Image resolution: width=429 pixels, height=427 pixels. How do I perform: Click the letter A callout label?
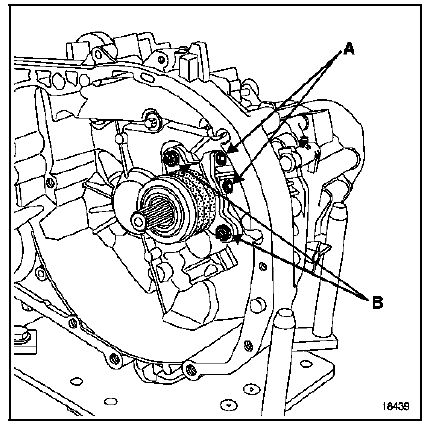(348, 50)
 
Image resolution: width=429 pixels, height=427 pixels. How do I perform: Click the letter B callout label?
(377, 303)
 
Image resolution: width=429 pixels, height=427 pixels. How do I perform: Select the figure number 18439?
(396, 406)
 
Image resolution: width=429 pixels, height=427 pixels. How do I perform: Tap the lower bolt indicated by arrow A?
(228, 185)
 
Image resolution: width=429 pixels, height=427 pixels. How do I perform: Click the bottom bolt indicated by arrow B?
(222, 234)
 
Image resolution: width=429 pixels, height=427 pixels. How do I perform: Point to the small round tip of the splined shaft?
(138, 221)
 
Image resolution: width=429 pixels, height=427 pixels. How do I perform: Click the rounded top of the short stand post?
(285, 315)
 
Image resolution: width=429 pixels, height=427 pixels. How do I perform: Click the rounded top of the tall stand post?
(338, 208)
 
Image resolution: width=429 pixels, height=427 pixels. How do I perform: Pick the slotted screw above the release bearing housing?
(152, 123)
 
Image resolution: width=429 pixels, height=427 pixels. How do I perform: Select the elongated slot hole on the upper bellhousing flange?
(146, 78)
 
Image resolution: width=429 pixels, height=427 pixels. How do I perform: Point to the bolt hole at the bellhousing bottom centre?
(190, 369)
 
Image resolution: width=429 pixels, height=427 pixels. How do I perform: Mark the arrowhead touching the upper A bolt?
(233, 150)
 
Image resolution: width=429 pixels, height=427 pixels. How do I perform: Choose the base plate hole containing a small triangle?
(252, 389)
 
